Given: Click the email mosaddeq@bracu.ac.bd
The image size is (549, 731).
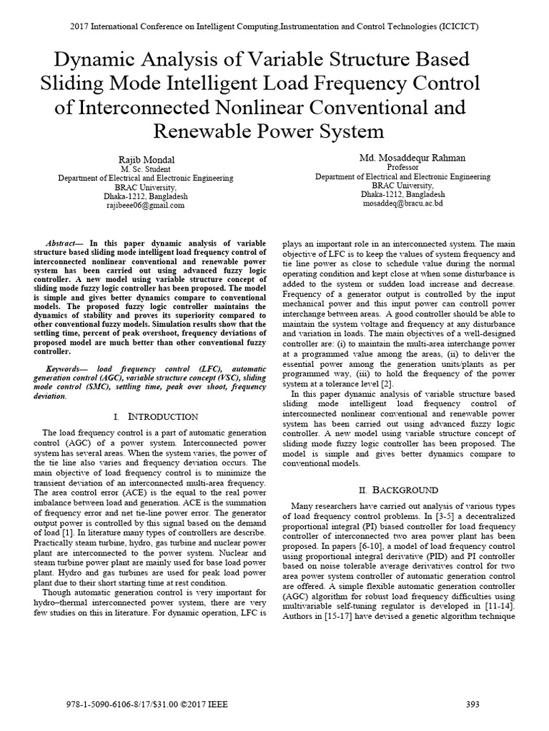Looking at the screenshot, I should [402, 203].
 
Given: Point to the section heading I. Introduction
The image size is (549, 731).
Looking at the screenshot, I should [155, 415].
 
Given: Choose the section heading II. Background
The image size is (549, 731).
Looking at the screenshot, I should [397, 490].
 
